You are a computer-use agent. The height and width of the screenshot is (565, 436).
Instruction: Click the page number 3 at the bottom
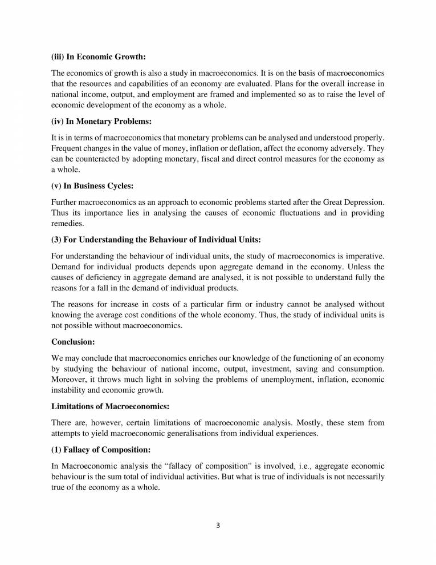point(218,526)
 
